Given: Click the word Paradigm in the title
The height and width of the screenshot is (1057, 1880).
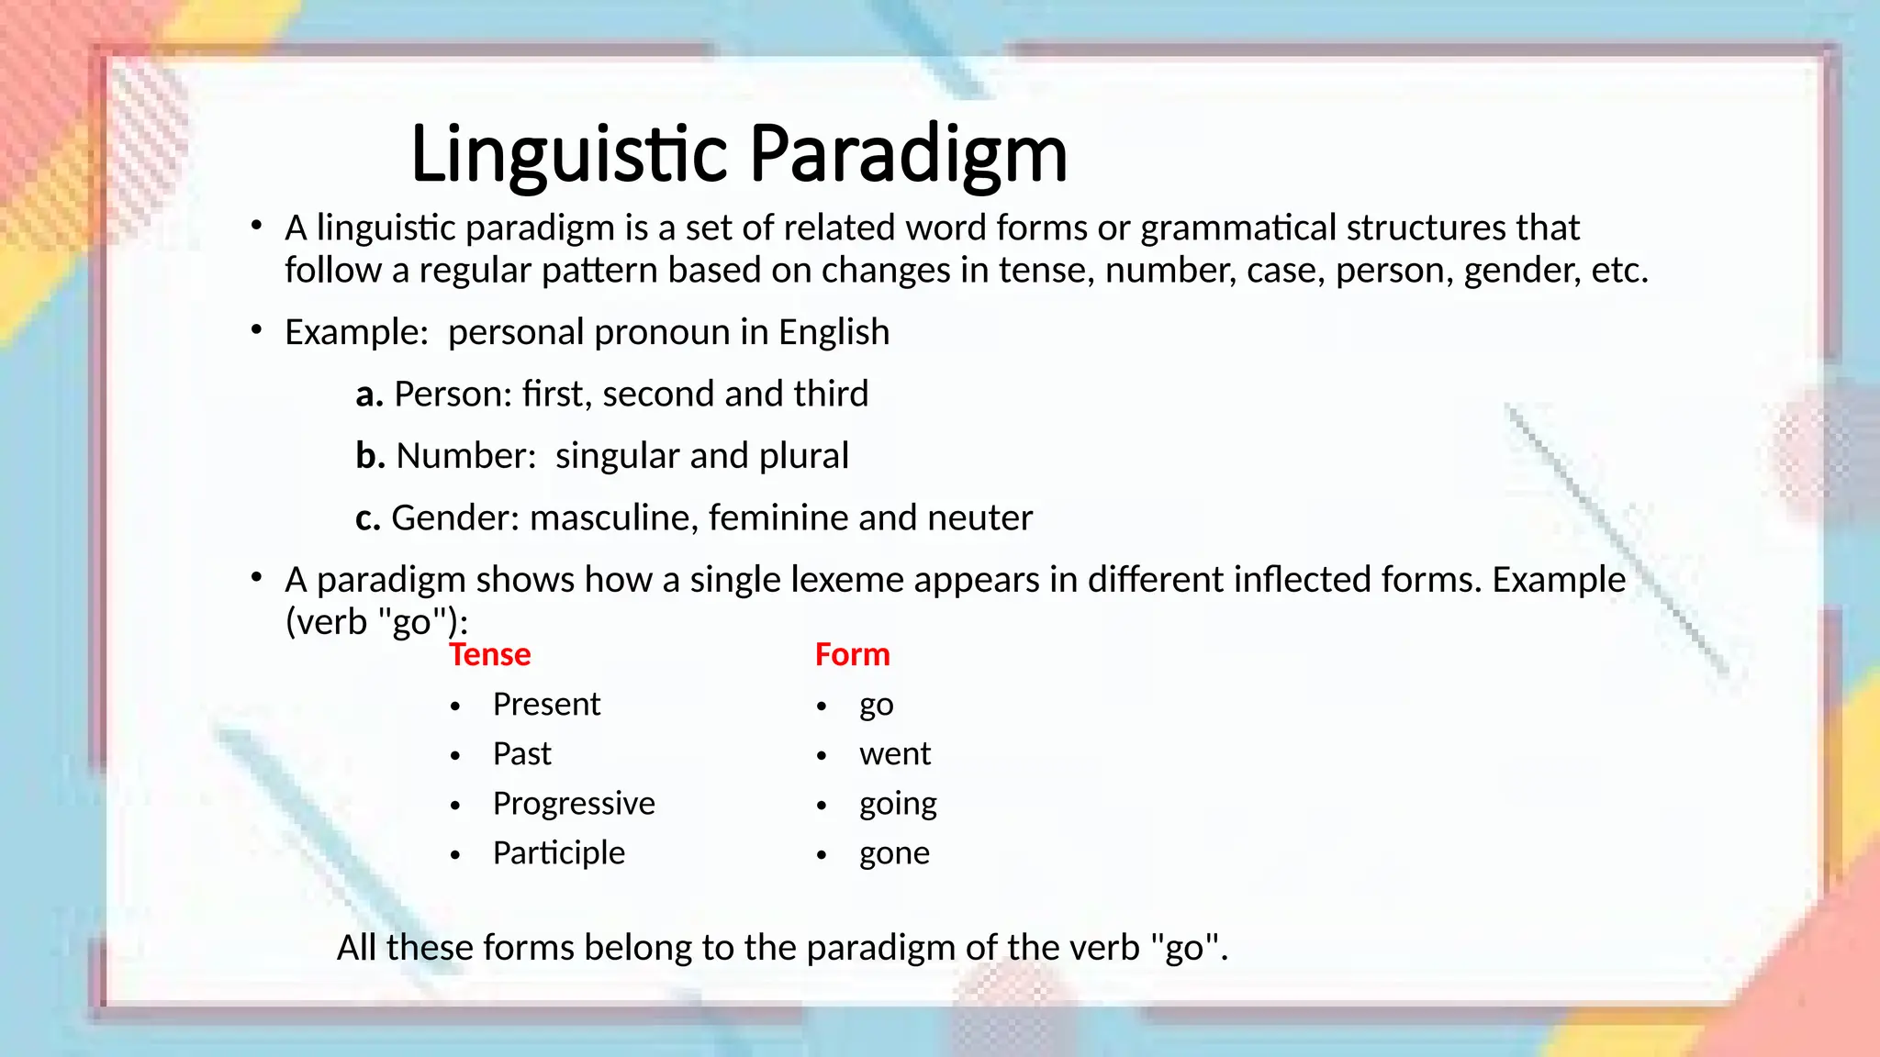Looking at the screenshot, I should [x=908, y=154].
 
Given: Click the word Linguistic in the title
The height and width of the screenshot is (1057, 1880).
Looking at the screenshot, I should [x=569, y=154].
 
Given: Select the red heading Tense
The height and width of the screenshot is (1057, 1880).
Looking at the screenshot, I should [x=489, y=655].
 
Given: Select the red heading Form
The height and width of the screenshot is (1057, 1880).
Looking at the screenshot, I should [x=852, y=655].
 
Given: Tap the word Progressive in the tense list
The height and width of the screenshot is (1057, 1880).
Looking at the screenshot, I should [x=574, y=804].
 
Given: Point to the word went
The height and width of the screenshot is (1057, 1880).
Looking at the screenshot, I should [x=894, y=754].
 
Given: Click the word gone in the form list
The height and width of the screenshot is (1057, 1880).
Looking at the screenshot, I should [x=894, y=854].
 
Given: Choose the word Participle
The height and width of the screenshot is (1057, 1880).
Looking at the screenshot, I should [x=558, y=853].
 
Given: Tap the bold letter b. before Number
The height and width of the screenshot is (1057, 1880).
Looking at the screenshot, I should [x=370, y=456].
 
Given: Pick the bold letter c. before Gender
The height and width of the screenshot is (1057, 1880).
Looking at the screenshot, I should [x=367, y=518].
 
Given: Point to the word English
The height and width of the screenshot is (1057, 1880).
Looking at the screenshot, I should [x=834, y=332].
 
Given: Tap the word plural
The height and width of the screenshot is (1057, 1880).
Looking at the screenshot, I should [x=804, y=456].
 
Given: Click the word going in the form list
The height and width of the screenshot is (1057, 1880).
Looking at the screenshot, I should [x=898, y=805].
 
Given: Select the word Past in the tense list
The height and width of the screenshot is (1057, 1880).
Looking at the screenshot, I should [x=521, y=754].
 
